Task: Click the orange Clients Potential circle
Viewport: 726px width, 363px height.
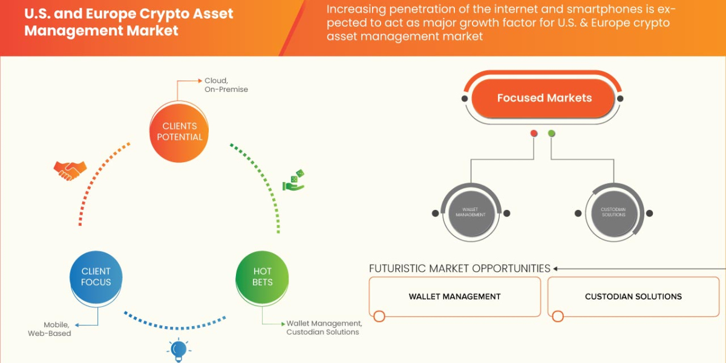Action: [180, 132]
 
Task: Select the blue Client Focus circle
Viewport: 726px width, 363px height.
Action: [96, 277]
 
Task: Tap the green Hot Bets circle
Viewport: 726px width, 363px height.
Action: [263, 277]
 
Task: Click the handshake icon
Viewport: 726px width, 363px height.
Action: [70, 171]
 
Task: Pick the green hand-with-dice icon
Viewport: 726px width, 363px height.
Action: [294, 181]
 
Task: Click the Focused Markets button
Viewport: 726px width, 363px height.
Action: [544, 98]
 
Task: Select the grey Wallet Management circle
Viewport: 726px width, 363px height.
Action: [471, 213]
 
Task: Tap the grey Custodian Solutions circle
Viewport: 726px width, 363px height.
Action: [613, 213]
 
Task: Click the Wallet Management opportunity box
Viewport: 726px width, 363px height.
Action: [454, 296]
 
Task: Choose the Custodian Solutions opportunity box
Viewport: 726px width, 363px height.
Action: [633, 296]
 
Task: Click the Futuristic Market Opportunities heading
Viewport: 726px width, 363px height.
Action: [460, 269]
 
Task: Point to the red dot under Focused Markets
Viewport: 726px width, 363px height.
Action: [534, 134]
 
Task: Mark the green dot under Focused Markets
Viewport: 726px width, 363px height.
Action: [551, 134]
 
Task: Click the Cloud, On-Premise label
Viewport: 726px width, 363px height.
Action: [226, 85]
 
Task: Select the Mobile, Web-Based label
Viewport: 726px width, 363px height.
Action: [50, 329]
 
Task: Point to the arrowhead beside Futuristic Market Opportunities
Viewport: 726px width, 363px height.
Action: [556, 269]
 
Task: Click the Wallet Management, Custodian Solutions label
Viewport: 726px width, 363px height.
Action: [324, 327]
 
